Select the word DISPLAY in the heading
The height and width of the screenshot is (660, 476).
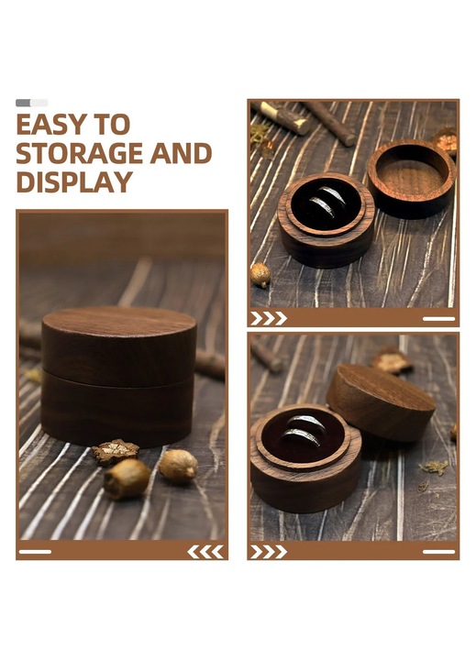pos(74,181)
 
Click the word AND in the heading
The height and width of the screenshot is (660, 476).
pos(181,153)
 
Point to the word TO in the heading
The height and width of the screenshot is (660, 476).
pos(112,124)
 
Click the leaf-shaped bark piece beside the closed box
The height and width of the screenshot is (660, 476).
pos(115,451)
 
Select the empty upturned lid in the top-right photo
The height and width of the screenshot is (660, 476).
pos(412,179)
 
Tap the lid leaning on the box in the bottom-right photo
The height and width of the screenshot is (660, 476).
pos(381,402)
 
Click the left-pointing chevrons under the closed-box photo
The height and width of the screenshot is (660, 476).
pos(205,552)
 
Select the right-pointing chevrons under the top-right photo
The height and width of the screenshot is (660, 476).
pos(269,319)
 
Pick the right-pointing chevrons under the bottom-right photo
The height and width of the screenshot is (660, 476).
pos(269,552)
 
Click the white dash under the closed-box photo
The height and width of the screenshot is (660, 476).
pos(35,552)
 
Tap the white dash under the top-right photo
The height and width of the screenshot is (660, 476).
pos(439,319)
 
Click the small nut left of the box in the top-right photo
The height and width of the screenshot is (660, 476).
pos(260,275)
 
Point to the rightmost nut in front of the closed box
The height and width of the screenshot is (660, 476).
pos(178,466)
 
